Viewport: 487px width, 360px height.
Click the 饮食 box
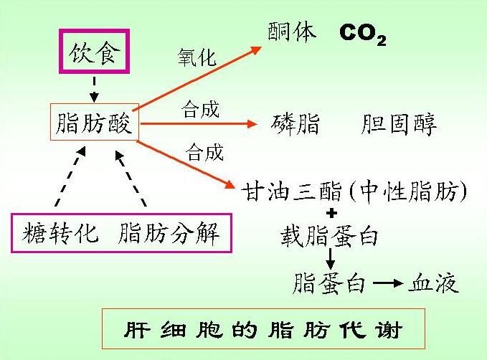[93, 52]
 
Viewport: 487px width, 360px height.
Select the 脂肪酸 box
[94, 123]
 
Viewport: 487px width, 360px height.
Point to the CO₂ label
[363, 34]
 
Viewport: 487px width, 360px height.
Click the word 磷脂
[295, 124]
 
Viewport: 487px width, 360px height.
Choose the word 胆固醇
[398, 124]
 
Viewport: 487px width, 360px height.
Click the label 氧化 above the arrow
[197, 57]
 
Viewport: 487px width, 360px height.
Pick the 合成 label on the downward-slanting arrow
[204, 151]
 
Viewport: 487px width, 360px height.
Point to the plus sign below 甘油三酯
[331, 213]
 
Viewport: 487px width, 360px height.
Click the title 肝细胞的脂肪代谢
[263, 329]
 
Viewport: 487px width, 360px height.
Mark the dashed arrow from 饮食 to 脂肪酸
[93, 88]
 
